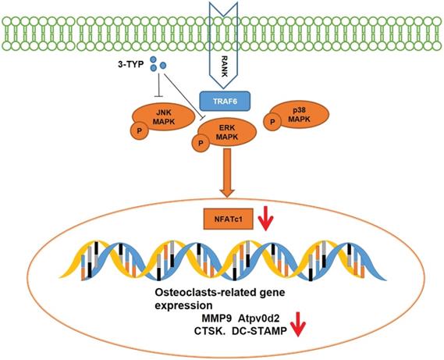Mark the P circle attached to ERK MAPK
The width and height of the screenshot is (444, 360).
pyautogui.click(x=200, y=144)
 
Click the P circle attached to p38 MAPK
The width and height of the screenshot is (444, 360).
pyautogui.click(x=272, y=122)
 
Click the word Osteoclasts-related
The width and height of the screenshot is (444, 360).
pyautogui.click(x=196, y=292)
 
